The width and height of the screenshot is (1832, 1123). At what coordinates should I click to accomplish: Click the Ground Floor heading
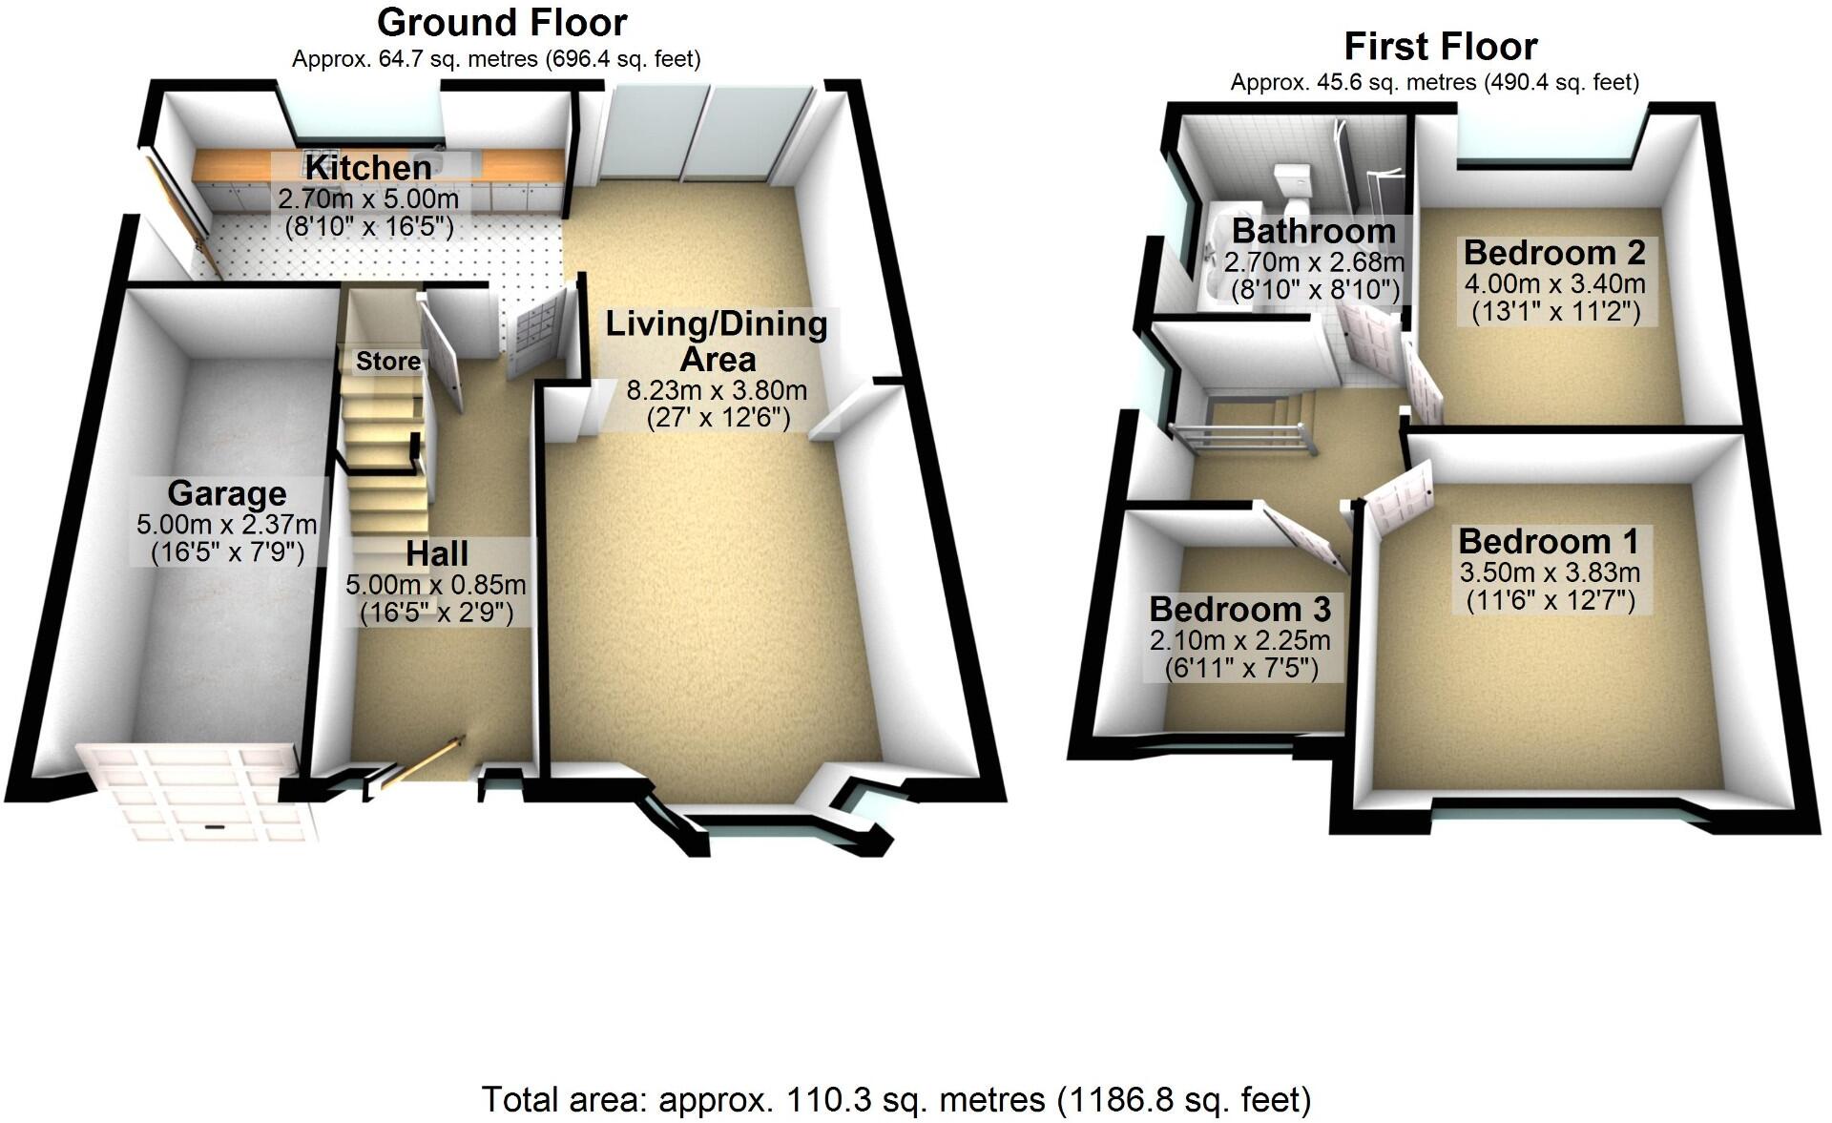[502, 22]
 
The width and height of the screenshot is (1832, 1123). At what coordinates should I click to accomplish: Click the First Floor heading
[1441, 47]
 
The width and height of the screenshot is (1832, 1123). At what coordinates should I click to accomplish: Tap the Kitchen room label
[368, 168]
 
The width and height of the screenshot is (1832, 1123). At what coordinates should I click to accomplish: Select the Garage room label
[227, 493]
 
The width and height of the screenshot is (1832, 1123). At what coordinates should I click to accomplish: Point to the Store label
[388, 361]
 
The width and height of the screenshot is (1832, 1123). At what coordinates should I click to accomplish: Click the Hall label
[437, 553]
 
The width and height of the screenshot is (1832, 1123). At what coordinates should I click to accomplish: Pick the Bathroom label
[1314, 231]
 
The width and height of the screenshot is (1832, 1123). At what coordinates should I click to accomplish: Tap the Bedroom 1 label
[1549, 541]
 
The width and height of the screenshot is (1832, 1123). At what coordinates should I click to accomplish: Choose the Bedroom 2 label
[1554, 253]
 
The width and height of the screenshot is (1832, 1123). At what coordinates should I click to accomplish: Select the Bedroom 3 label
[1240, 609]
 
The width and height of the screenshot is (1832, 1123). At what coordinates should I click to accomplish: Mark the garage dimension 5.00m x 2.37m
[227, 524]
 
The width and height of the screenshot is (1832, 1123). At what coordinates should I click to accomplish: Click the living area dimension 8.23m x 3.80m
[717, 390]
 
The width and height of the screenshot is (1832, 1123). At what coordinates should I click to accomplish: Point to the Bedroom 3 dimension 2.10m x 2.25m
[1240, 640]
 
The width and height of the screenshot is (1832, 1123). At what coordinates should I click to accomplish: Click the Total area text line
[896, 1100]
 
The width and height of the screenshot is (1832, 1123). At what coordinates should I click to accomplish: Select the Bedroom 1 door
[1400, 496]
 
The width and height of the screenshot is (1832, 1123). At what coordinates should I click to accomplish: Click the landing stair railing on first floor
[1239, 439]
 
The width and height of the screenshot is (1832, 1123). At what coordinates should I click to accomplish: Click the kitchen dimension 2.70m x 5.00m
[368, 199]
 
